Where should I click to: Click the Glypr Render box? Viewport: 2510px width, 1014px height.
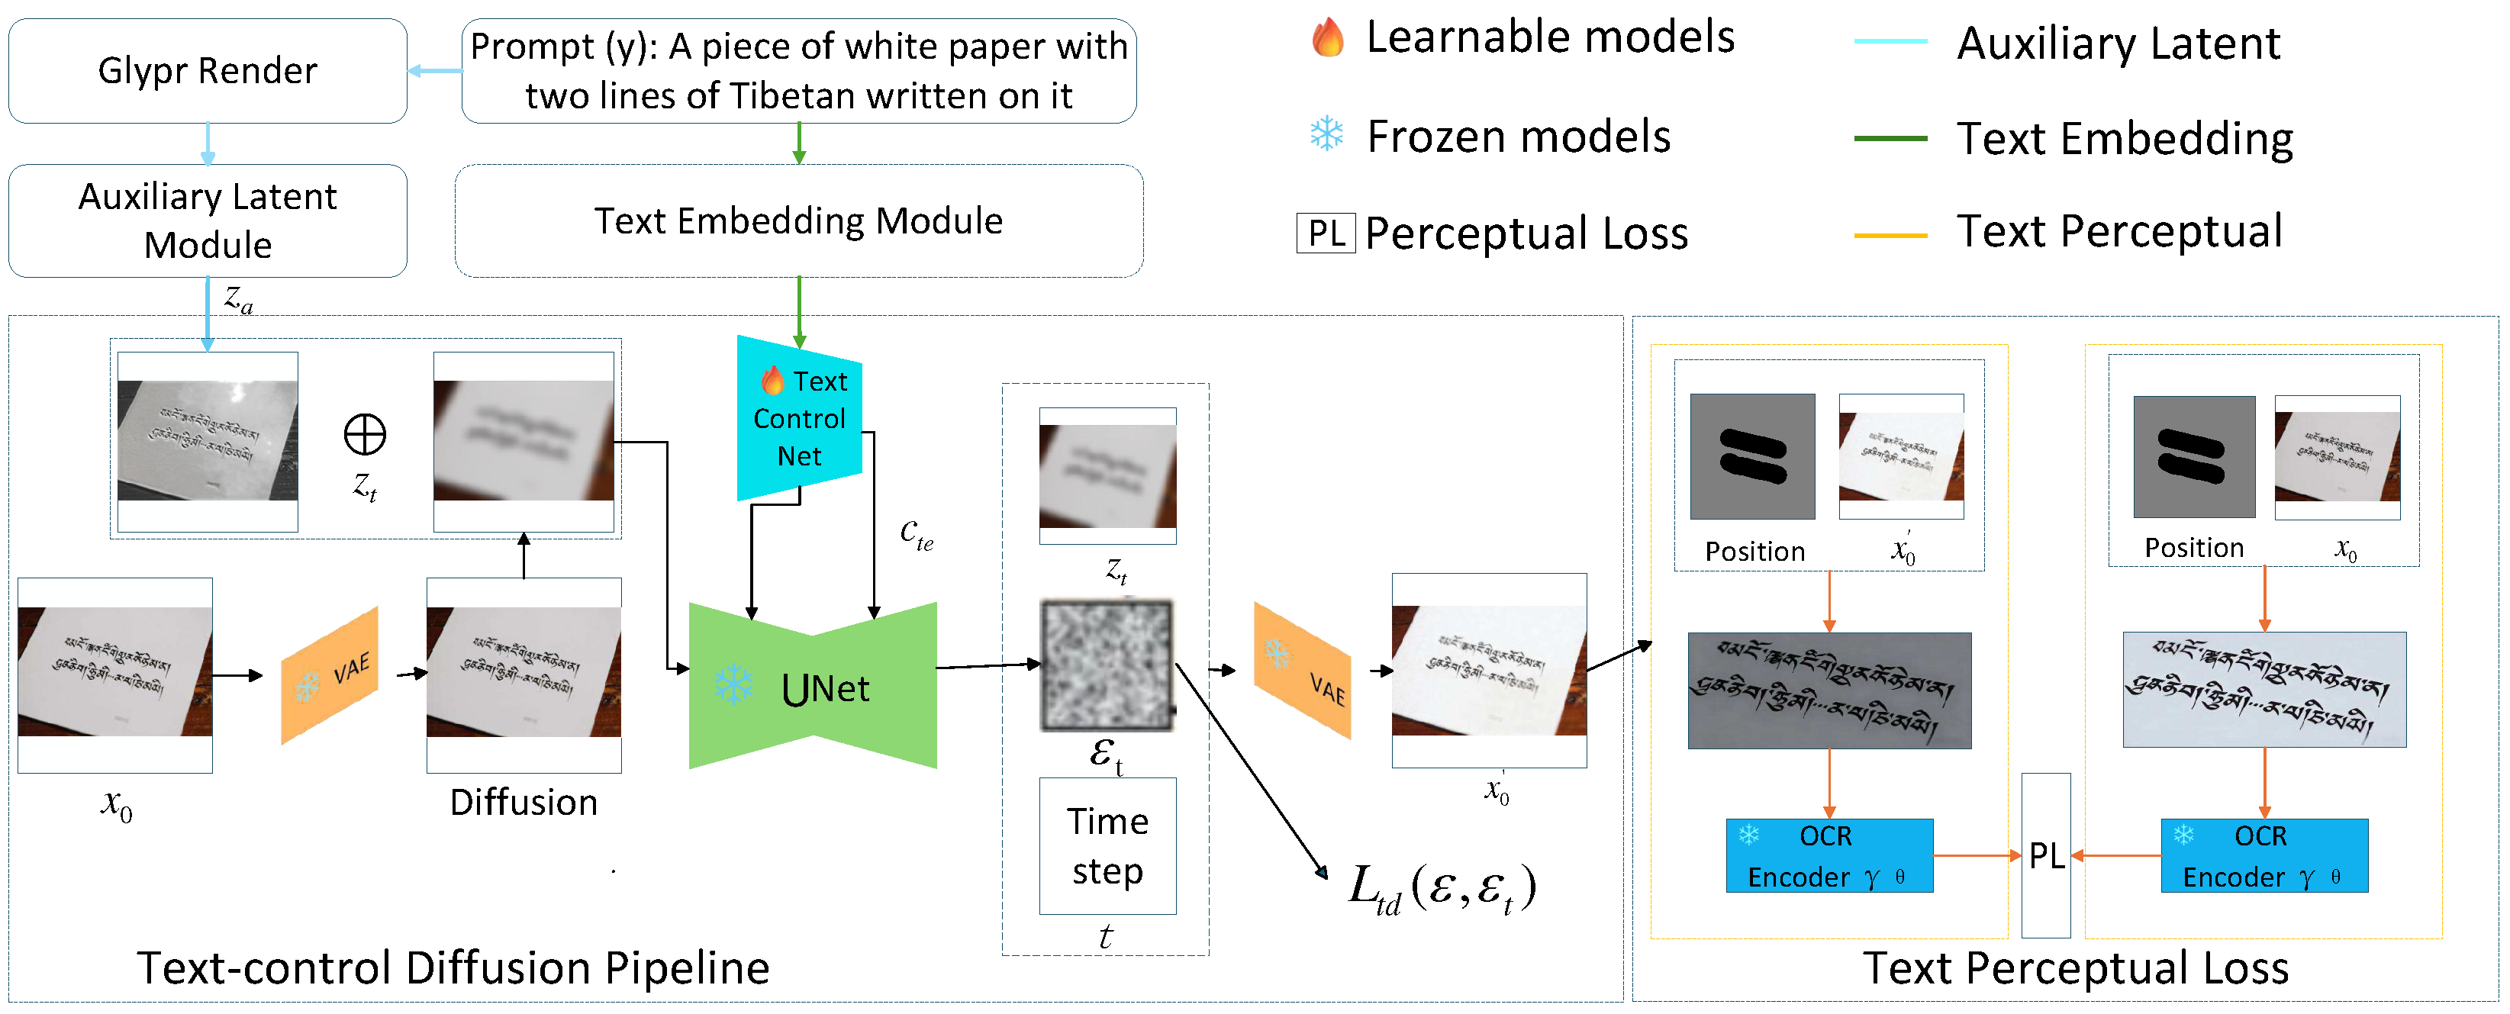point(207,71)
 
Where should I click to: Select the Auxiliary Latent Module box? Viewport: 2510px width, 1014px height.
point(207,221)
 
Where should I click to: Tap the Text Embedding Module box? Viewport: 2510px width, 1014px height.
point(798,221)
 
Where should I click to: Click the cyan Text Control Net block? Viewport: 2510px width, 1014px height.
point(799,419)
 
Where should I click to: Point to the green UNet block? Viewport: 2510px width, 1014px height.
point(813,687)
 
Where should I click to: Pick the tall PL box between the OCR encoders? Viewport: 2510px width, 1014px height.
point(2045,855)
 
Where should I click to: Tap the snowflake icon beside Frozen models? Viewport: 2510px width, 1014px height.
point(1326,134)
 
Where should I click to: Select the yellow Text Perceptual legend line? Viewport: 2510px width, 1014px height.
point(1890,235)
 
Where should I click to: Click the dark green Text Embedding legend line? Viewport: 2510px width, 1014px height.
point(1890,138)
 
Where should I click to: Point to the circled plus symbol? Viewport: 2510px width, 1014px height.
point(365,434)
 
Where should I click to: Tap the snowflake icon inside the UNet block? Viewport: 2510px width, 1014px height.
point(733,684)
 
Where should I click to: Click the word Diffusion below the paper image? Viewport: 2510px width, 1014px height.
point(524,803)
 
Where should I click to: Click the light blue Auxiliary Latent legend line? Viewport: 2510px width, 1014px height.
point(1890,42)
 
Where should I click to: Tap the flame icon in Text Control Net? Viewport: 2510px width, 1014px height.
point(772,380)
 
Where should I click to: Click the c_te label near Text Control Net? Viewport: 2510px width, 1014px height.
point(916,534)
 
